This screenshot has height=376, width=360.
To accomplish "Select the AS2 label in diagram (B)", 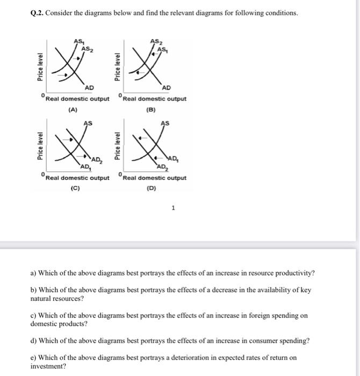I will pos(156,42).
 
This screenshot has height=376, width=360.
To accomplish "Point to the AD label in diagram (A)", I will pos(89,88).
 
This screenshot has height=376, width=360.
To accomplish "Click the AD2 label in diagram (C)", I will pos(97,160).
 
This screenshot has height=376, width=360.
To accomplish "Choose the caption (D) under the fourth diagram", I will pos(151,188).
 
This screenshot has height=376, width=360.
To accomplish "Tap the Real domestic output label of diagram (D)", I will pos(155,178).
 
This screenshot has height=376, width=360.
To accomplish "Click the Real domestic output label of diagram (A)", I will pos(77,99).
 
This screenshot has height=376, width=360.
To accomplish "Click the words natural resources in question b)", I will pos(56,298).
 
